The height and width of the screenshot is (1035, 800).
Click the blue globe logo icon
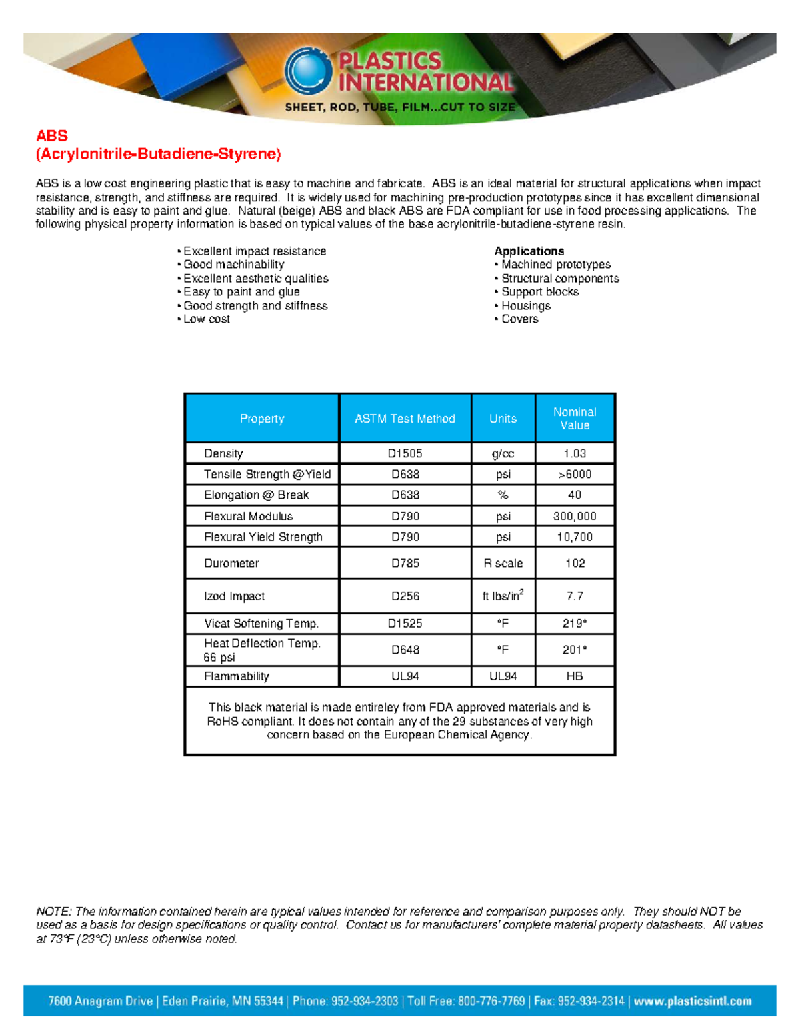coord(308,71)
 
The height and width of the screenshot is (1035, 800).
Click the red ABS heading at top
coord(52,136)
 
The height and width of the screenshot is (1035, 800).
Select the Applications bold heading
coord(529,251)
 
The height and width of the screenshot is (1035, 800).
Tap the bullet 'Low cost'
coord(206,319)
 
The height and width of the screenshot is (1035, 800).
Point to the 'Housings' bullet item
coord(525,306)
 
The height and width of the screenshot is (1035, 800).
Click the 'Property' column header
coord(262,419)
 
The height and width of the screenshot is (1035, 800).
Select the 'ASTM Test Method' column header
coord(405,419)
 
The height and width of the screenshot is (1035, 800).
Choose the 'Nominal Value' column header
coord(575,419)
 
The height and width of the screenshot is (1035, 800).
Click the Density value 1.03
coord(575,453)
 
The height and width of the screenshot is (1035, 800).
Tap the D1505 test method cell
coord(405,453)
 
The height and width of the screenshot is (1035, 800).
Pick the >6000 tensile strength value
coord(575,474)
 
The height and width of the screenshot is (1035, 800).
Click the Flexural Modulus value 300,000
coord(575,517)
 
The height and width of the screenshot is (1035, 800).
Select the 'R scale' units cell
coord(503,564)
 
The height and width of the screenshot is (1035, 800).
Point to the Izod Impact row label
coord(234,596)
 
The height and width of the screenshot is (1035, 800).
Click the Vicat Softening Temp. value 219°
coord(575,624)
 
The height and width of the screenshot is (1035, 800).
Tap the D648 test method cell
coord(405,650)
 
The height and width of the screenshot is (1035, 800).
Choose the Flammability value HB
coord(575,676)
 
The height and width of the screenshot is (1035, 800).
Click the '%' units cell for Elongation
coord(503,495)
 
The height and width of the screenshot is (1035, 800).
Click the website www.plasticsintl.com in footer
coord(692,1001)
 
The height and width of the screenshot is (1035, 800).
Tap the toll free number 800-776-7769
coord(485,1001)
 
